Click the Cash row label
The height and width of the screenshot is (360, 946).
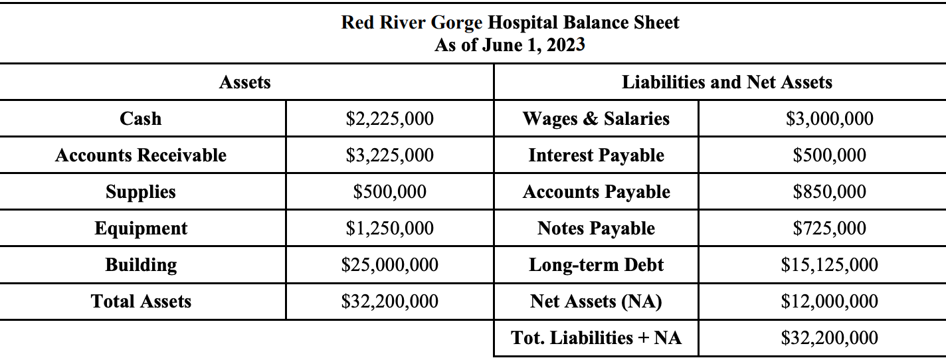pyautogui.click(x=140, y=119)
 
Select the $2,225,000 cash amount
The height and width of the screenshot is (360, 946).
pyautogui.click(x=390, y=119)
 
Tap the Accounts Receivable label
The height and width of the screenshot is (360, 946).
pyautogui.click(x=140, y=155)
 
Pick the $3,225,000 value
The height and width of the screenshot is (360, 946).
pyautogui.click(x=390, y=155)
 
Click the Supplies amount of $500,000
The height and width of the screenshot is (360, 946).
pyautogui.click(x=390, y=192)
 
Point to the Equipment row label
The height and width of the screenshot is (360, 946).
pyautogui.click(x=140, y=228)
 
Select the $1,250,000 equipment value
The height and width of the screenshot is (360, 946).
pyautogui.click(x=390, y=228)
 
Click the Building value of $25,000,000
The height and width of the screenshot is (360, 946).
pyautogui.click(x=390, y=265)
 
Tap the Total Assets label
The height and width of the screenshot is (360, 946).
pyautogui.click(x=140, y=302)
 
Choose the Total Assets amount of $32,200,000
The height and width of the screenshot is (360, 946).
pyautogui.click(x=390, y=302)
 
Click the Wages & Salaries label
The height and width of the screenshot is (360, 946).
pyautogui.click(x=596, y=119)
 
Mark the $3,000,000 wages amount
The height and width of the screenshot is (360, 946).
pyautogui.click(x=829, y=119)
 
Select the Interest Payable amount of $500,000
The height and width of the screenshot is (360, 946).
pyautogui.click(x=829, y=155)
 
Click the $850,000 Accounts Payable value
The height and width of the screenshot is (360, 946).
pyautogui.click(x=829, y=192)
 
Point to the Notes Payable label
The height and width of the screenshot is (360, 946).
pyautogui.click(x=596, y=228)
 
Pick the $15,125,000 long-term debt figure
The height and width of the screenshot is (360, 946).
pyautogui.click(x=829, y=265)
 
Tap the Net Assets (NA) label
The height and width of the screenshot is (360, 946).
pyautogui.click(x=596, y=302)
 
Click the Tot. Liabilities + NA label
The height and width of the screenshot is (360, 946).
pyautogui.click(x=596, y=338)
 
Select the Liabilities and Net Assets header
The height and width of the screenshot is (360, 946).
pyautogui.click(x=727, y=82)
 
